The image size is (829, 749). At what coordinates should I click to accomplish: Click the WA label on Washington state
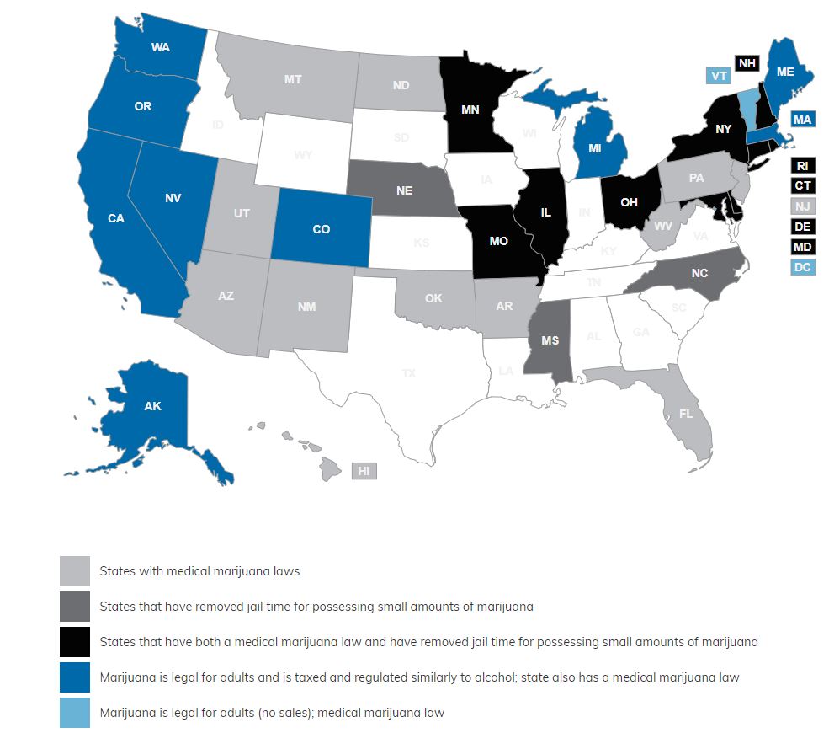point(161,47)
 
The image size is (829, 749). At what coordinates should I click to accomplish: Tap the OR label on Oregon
point(142,107)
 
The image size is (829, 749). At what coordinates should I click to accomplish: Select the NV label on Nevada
point(174,198)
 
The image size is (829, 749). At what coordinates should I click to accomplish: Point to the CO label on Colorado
point(321,229)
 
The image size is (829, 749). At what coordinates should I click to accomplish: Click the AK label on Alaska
point(152,406)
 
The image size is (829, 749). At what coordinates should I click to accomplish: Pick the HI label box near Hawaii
point(364,471)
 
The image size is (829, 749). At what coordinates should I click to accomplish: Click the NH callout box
point(747,62)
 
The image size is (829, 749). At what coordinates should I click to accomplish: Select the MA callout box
point(802,120)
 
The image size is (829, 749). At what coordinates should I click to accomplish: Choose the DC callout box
point(803,267)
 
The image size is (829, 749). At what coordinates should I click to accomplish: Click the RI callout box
point(803,166)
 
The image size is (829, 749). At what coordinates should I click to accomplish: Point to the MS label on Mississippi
point(550,341)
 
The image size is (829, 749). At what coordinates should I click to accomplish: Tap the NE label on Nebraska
point(404,190)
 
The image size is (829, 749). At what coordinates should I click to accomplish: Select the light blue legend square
point(74,712)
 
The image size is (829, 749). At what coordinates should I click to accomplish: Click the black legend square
point(74,641)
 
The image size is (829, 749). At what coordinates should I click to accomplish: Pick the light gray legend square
point(74,570)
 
